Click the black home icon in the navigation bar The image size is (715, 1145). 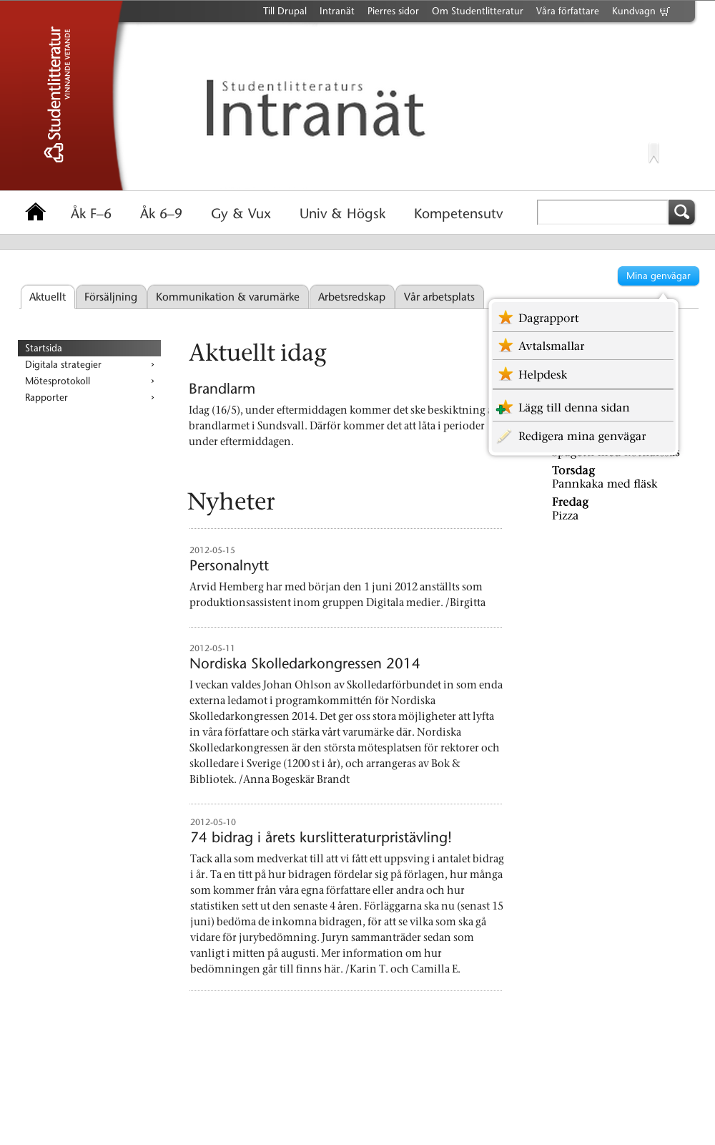click(x=35, y=212)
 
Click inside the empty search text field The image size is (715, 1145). click(x=602, y=213)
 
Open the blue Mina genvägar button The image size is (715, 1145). click(x=658, y=276)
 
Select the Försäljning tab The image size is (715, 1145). click(x=111, y=297)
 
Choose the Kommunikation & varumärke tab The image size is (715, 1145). click(x=227, y=297)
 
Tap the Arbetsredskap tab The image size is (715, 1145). click(x=351, y=297)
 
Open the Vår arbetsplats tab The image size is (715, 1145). click(x=439, y=297)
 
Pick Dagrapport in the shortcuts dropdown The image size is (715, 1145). click(x=548, y=318)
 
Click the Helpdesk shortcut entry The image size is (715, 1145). click(x=543, y=375)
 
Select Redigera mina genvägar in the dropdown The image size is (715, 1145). click(x=582, y=437)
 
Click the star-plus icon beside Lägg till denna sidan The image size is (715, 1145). click(x=505, y=408)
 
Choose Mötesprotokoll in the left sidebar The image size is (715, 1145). click(x=58, y=381)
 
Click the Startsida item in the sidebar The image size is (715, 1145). click(x=44, y=349)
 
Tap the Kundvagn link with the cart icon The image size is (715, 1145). click(x=641, y=11)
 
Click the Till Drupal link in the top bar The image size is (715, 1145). click(x=285, y=11)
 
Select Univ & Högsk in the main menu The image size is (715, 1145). click(x=342, y=214)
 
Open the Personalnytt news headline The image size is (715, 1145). click(x=229, y=566)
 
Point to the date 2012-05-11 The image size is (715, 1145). click(x=212, y=648)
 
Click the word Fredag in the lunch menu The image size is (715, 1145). click(x=570, y=502)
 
